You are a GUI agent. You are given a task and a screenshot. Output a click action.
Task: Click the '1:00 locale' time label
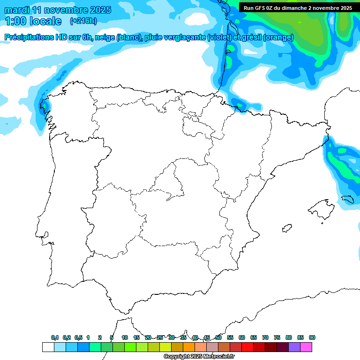pyautogui.click(x=33, y=21)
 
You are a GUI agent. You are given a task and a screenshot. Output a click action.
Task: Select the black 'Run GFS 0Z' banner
pyautogui.click(x=298, y=7)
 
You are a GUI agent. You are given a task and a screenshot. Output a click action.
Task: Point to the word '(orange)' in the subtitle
pyautogui.click(x=278, y=37)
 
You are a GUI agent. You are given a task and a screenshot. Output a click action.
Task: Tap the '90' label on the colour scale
pyautogui.click(x=312, y=337)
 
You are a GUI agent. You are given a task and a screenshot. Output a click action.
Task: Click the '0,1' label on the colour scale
pyautogui.click(x=55, y=337)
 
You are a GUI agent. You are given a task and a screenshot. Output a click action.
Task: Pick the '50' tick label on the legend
pyautogui.click(x=218, y=337)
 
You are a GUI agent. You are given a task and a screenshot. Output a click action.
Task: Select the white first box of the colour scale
pyautogui.click(x=48, y=347)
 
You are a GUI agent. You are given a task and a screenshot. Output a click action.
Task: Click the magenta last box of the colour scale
pyautogui.click(x=306, y=347)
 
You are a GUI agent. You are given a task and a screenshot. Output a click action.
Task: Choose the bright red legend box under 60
pyautogui.click(x=247, y=347)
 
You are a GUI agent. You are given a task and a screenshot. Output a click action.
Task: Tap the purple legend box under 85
pyautogui.click(x=294, y=347)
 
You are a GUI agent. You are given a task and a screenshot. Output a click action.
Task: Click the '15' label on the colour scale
pyautogui.click(x=136, y=337)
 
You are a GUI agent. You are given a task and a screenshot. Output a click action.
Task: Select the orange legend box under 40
pyautogui.click(x=189, y=347)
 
